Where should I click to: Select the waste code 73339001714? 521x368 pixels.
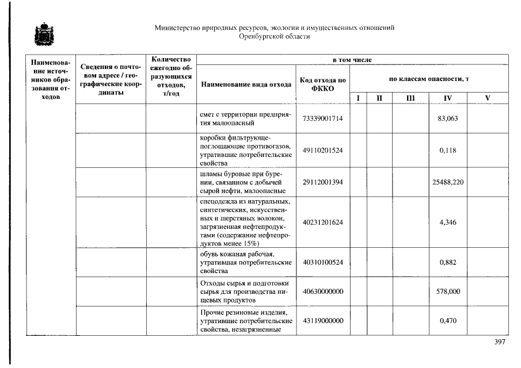(x=322, y=118)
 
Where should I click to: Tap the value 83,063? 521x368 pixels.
(x=448, y=118)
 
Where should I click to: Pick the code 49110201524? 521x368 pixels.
(x=322, y=151)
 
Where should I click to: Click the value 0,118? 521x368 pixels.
(x=448, y=151)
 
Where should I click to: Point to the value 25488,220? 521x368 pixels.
(x=448, y=182)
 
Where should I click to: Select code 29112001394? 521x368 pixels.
(x=322, y=182)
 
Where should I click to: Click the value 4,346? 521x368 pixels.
(x=448, y=223)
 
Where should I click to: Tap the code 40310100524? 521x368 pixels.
(x=322, y=262)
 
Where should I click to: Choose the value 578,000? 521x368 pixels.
(x=448, y=292)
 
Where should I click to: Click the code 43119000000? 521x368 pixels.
(x=322, y=321)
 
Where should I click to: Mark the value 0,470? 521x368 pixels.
(x=448, y=321)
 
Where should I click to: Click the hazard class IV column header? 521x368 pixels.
(x=447, y=98)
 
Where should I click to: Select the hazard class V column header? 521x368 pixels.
(x=488, y=98)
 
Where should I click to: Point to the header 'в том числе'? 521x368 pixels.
(x=352, y=60)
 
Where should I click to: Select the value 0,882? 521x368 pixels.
(x=448, y=262)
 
